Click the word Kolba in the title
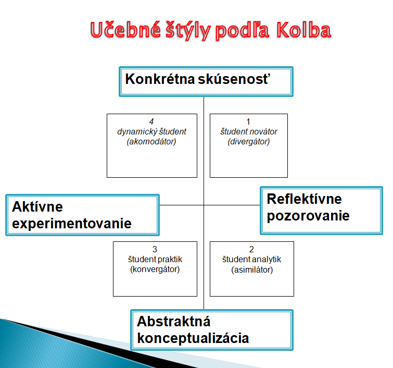tap(304, 30)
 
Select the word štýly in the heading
tap(188, 31)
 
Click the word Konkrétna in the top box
tap(160, 79)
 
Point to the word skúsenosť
tap(234, 79)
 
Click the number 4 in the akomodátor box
tap(151, 121)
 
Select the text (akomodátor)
tap(151, 142)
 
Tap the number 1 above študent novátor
tap(248, 121)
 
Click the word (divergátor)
tap(249, 142)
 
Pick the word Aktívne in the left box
tap(37, 206)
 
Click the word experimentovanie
tap(72, 223)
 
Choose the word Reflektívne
tap(305, 199)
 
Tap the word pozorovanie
tap(308, 216)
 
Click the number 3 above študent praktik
tap(155, 249)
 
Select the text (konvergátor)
tap(155, 269)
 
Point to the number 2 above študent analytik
tap(251, 249)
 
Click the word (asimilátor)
tap(252, 269)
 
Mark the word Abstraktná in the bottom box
tap(173, 321)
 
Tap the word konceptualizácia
tap(193, 338)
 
